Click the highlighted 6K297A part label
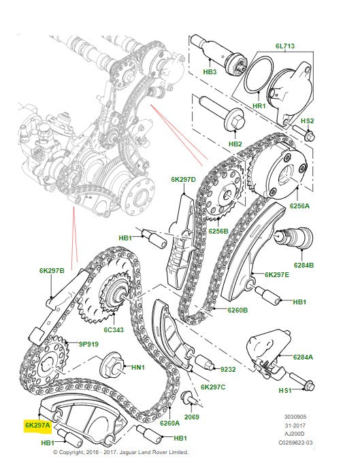pyautogui.click(x=37, y=424)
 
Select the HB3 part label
pyautogui.click(x=210, y=71)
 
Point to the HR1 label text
pyautogui.click(x=259, y=108)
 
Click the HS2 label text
pyautogui.click(x=308, y=121)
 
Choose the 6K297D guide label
pyautogui.click(x=183, y=180)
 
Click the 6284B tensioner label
pyautogui.click(x=303, y=265)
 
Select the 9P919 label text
pyautogui.click(x=88, y=344)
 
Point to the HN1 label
pyautogui.click(x=138, y=368)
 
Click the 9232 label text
pyautogui.click(x=227, y=369)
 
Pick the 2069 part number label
pyautogui.click(x=192, y=416)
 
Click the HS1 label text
pyautogui.click(x=284, y=390)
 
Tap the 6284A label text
pyautogui.click(x=303, y=357)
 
